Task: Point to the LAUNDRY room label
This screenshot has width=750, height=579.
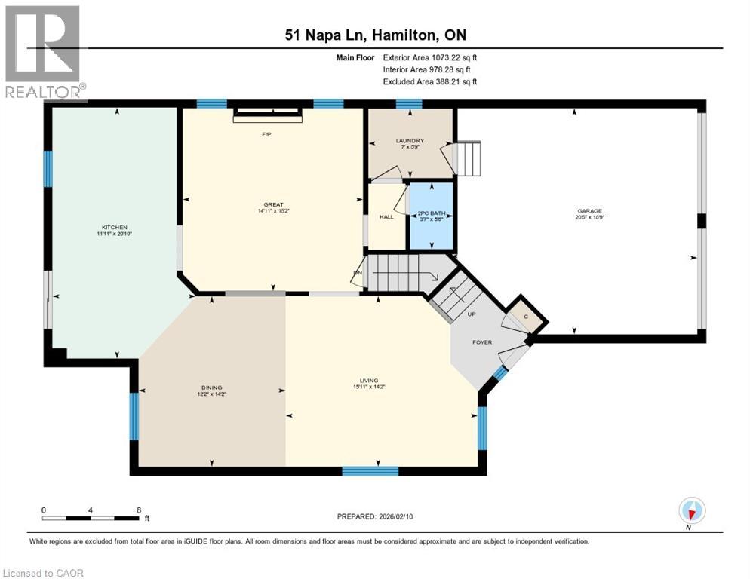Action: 410,140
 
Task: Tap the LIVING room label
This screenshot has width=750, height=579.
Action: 369,381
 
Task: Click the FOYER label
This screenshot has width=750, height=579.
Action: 482,342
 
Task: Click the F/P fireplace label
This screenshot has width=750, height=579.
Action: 266,134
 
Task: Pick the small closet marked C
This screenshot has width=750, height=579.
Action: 526,317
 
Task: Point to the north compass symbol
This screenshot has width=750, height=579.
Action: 691,510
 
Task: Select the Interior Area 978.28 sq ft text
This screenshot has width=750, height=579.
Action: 430,69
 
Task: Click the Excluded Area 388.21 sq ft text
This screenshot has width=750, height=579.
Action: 430,81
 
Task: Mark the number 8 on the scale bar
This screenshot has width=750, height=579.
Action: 138,510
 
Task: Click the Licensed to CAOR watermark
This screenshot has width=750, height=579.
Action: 45,573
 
